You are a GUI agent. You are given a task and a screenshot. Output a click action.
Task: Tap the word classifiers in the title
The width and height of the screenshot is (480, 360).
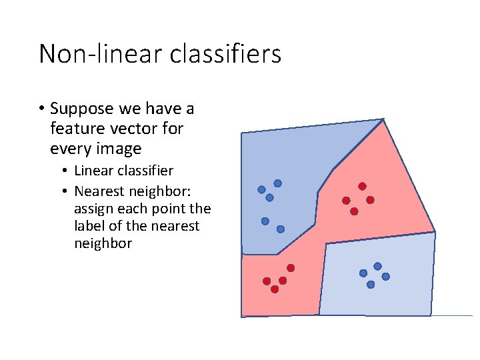pyautogui.click(x=225, y=53)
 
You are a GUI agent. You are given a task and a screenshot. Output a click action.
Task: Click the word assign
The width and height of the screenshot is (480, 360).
pyautogui.click(x=94, y=208)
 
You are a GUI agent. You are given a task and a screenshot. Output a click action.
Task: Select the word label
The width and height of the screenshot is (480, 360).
pyautogui.click(x=90, y=226)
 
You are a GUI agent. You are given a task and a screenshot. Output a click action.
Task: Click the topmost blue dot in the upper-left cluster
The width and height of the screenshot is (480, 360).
pyautogui.click(x=277, y=183)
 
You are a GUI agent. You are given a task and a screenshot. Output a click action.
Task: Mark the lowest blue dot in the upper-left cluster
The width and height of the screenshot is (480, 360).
pyautogui.click(x=281, y=229)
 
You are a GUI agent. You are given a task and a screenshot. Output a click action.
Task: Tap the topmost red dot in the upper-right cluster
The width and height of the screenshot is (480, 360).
pyautogui.click(x=362, y=186)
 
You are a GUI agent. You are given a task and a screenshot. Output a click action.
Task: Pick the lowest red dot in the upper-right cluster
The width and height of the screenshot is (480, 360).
pyautogui.click(x=354, y=211)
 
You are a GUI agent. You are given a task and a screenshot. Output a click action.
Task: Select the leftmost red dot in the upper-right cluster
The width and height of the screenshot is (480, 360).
pyautogui.click(x=346, y=200)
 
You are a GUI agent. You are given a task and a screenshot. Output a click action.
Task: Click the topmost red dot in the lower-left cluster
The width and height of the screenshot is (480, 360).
pyautogui.click(x=291, y=267)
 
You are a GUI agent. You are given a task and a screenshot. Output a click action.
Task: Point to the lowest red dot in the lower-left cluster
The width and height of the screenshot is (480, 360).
pyautogui.click(x=275, y=289)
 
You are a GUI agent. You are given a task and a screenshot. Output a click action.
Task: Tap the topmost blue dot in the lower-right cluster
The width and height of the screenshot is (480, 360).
pyautogui.click(x=377, y=266)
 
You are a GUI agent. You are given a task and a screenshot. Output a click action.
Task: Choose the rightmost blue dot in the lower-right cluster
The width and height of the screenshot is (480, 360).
pyautogui.click(x=385, y=276)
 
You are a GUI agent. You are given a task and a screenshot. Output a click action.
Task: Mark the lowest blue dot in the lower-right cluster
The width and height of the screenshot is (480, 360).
pyautogui.click(x=371, y=284)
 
